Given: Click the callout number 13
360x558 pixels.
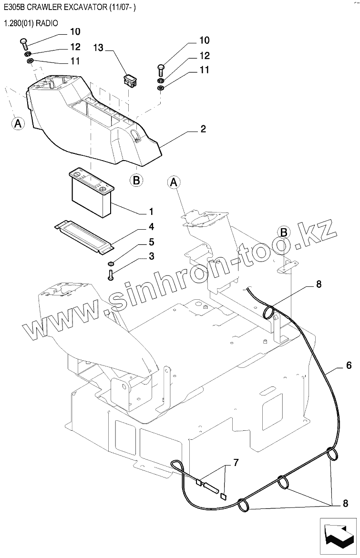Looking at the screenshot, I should (98, 48).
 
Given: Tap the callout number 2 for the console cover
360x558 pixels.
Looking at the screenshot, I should (203, 129).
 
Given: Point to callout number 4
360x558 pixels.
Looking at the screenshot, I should (151, 226).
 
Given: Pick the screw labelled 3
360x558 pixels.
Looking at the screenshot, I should (111, 275).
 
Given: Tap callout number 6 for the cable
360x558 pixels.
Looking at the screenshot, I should (349, 365).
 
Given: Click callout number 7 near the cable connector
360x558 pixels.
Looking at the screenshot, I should (235, 463).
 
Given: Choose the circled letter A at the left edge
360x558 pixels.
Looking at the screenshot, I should (18, 123).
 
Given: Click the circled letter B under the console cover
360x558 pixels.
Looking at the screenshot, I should (136, 180).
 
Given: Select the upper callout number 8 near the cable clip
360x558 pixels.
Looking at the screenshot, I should (319, 284).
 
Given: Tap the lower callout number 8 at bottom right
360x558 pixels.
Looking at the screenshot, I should (345, 503).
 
